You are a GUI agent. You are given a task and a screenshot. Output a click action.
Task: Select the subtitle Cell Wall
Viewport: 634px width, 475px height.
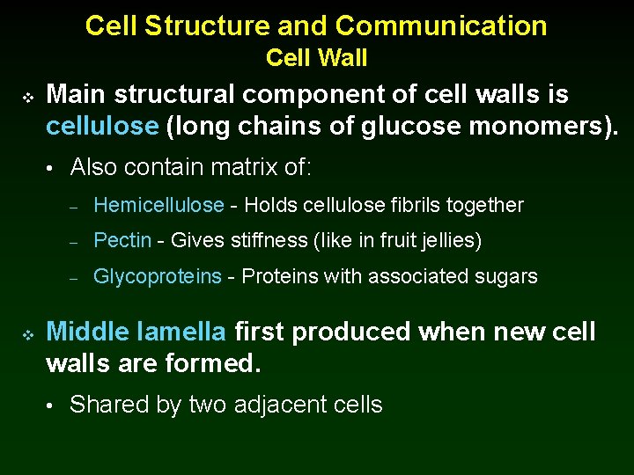click(316, 58)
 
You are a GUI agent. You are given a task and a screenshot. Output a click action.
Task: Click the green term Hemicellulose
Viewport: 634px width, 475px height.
click(158, 206)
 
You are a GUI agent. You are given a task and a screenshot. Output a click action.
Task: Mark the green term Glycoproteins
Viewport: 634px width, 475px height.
click(158, 277)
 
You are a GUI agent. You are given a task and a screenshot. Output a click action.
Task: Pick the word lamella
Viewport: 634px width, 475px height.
click(182, 332)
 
